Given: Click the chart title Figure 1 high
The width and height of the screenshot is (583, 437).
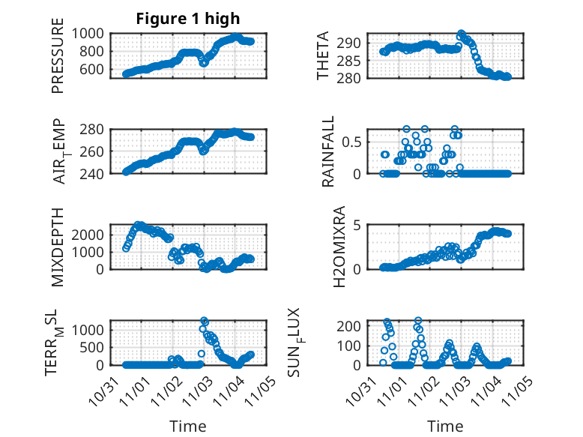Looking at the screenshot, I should point(188,19).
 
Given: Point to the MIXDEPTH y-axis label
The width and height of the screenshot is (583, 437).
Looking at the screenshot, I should point(57,247).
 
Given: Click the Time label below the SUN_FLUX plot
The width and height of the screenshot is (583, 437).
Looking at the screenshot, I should point(445,426).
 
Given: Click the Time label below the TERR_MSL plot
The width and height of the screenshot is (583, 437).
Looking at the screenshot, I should point(188,426).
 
